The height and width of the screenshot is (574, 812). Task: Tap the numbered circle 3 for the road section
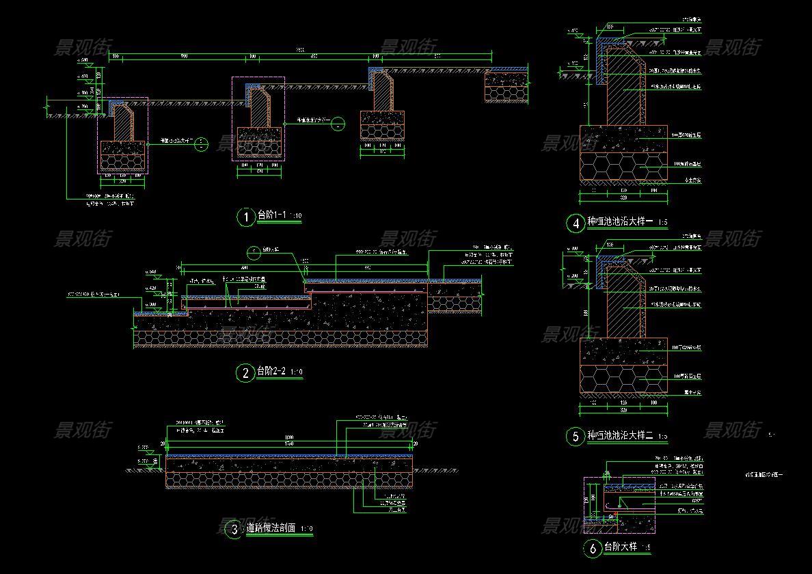[234, 529]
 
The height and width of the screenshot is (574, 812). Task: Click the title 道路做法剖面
[271, 528]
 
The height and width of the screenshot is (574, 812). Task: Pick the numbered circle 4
[574, 223]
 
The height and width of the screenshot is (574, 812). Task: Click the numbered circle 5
[574, 437]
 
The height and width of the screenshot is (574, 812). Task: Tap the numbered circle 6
[592, 548]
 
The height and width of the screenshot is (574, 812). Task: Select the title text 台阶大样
[621, 547]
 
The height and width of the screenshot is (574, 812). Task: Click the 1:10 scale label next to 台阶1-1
[295, 217]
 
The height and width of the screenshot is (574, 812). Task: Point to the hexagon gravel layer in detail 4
[622, 167]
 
